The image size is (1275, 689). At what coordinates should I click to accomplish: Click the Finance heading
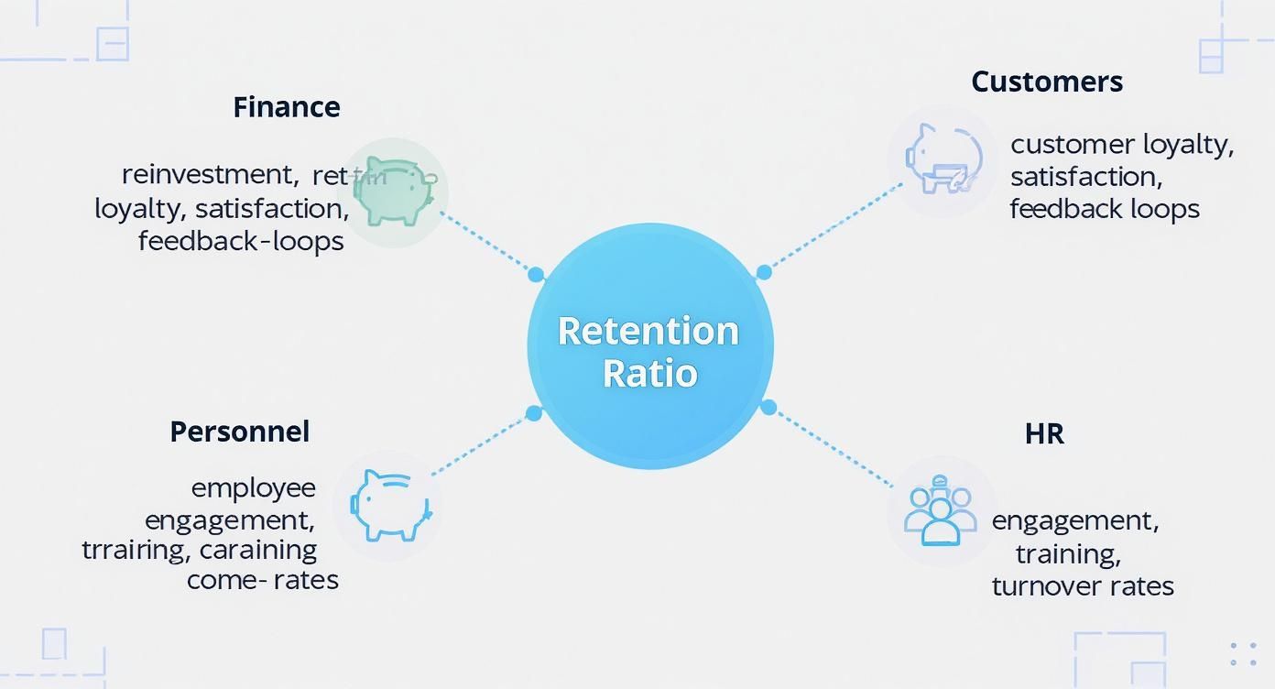pyautogui.click(x=287, y=107)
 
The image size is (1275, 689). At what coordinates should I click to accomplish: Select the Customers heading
pyautogui.click(x=1047, y=82)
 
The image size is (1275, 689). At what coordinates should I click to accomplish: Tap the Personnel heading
pyautogui.click(x=240, y=432)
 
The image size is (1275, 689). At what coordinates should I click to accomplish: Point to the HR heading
pyautogui.click(x=1044, y=433)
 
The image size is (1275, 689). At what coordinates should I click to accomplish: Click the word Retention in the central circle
pyautogui.click(x=648, y=331)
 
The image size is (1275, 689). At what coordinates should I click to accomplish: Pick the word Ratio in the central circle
pyautogui.click(x=650, y=374)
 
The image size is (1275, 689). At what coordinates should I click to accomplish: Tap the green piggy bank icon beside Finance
pyautogui.click(x=393, y=191)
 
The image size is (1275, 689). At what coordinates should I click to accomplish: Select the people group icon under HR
pyautogui.click(x=940, y=511)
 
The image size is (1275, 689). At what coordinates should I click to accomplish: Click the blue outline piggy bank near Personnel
pyautogui.click(x=388, y=505)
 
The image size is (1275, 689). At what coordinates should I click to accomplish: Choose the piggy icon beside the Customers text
pyautogui.click(x=943, y=159)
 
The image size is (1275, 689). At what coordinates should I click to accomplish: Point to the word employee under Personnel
pyautogui.click(x=253, y=487)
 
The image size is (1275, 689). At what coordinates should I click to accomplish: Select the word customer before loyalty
pyautogui.click(x=1073, y=145)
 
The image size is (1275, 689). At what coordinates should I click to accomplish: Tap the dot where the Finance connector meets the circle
pyautogui.click(x=536, y=274)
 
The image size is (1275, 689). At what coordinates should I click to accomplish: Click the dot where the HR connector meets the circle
pyautogui.click(x=768, y=408)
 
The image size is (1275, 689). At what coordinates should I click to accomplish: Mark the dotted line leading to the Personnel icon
pyautogui.click(x=480, y=444)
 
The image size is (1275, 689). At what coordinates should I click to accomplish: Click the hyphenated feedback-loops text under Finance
pyautogui.click(x=241, y=241)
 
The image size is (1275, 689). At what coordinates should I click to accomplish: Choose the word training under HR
pyautogui.click(x=1068, y=553)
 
